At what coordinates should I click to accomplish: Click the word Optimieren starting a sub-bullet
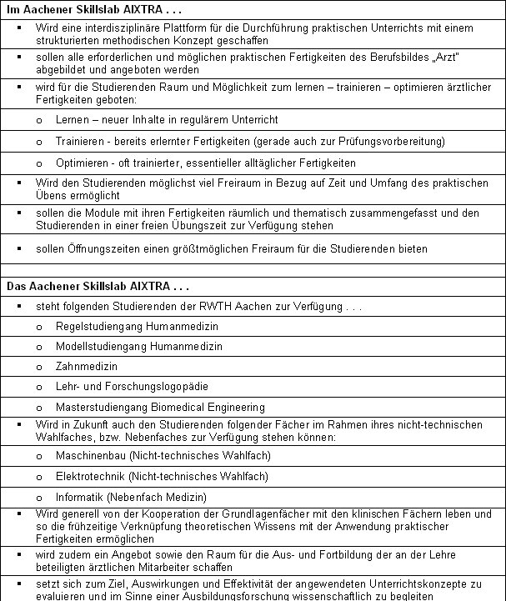coord(81,163)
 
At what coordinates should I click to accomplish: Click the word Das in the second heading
coord(16,286)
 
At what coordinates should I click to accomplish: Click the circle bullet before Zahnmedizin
coord(40,367)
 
